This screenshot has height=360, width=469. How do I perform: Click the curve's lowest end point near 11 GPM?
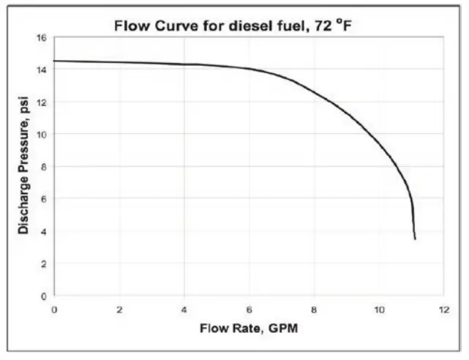[415, 239]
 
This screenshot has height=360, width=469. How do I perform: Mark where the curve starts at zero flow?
[55, 61]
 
